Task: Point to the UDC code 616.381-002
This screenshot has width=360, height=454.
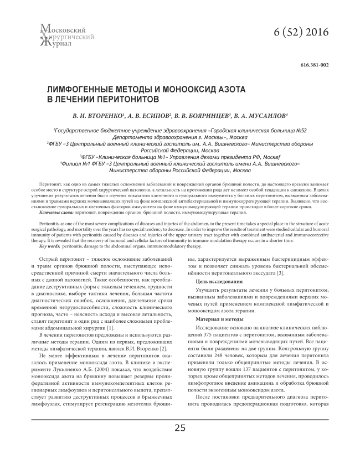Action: pyautogui.click(x=314, y=65)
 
